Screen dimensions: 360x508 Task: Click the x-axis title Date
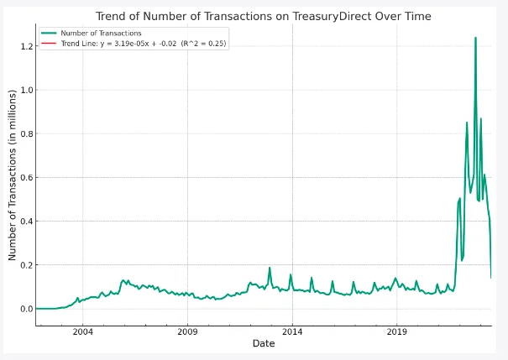pyautogui.click(x=263, y=344)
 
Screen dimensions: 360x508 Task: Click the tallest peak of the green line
pyautogui.click(x=475, y=38)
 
